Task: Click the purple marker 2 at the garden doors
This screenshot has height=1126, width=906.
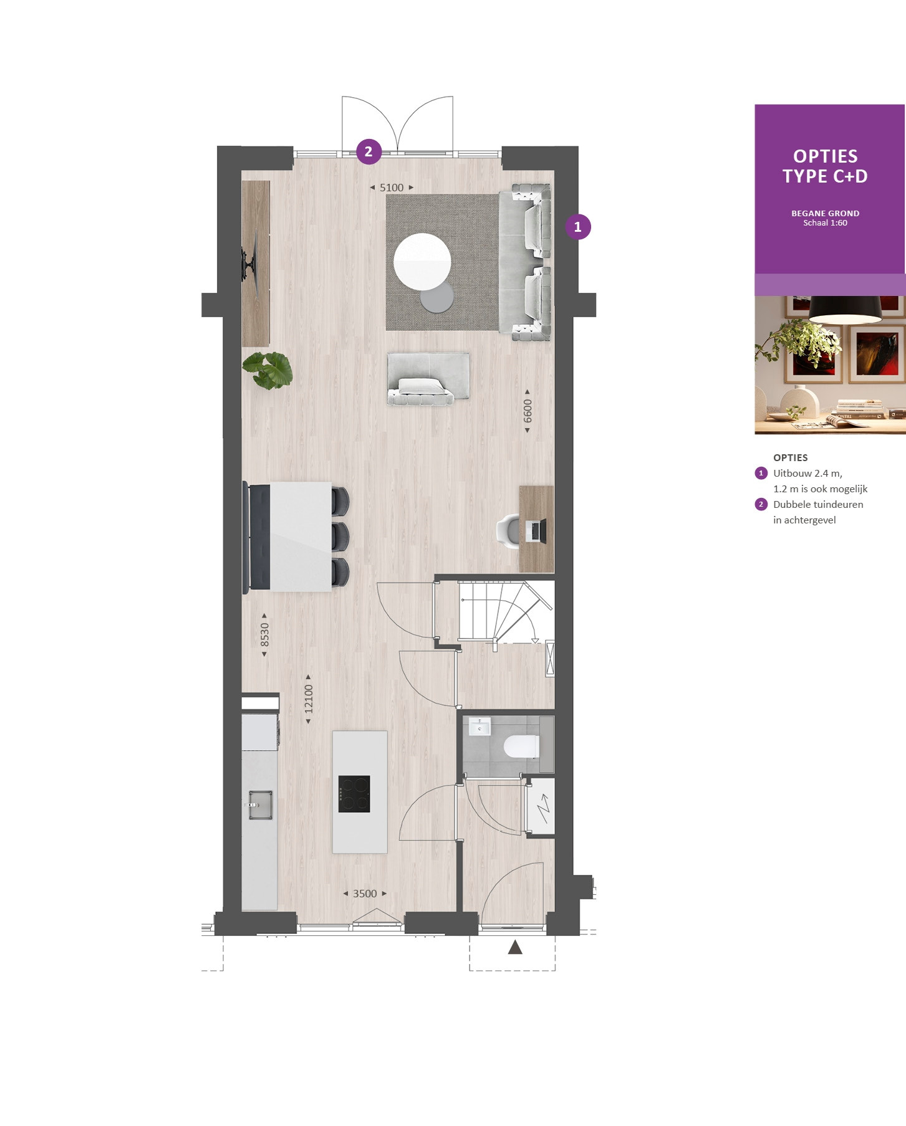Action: point(369,151)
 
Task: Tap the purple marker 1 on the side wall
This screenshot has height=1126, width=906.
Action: point(578,227)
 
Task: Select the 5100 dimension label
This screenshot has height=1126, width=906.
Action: point(392,188)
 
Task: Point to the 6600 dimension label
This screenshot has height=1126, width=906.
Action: point(528,411)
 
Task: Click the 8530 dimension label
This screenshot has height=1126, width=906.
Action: point(264,634)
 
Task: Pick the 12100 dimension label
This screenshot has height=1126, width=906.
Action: point(308,699)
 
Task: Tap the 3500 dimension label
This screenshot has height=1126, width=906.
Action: point(365,894)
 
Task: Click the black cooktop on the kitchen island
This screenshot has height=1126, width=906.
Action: point(354,794)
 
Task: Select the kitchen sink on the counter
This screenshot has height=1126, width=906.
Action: point(260,804)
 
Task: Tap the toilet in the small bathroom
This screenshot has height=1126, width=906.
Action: point(521,746)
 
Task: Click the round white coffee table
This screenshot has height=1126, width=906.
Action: point(422,262)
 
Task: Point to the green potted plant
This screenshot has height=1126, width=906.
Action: point(267,370)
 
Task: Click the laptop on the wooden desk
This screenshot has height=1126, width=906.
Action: point(536,530)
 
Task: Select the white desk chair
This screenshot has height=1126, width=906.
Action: point(508,531)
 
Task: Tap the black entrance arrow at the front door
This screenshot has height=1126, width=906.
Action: point(515,947)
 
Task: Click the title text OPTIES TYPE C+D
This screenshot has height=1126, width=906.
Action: point(825,166)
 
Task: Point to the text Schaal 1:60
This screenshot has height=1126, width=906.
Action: point(825,223)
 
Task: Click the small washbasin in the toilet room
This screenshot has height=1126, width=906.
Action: point(480,727)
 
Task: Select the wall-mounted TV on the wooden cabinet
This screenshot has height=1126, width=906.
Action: point(249,262)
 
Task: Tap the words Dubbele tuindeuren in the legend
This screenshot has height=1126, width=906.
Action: point(818,505)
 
